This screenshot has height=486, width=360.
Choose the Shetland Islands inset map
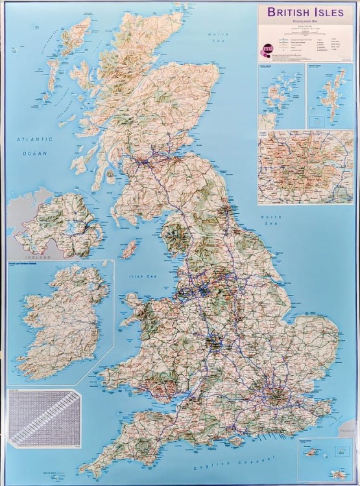tap(330, 96)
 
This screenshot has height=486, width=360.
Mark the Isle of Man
tap(130, 248)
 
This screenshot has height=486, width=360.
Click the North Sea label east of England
tap(270, 220)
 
